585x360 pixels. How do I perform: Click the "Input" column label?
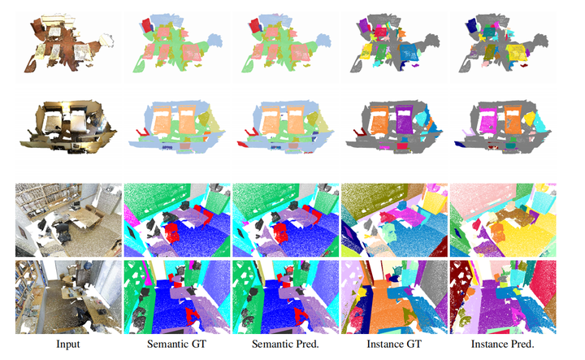(67, 345)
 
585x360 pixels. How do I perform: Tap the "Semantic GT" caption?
(176, 345)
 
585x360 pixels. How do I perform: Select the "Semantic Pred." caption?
(286, 345)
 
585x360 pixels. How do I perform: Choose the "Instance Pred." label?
(504, 345)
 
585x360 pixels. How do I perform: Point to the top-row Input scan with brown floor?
(67, 45)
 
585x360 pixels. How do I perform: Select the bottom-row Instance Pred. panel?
(503, 296)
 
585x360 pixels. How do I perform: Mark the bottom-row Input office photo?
(67, 296)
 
